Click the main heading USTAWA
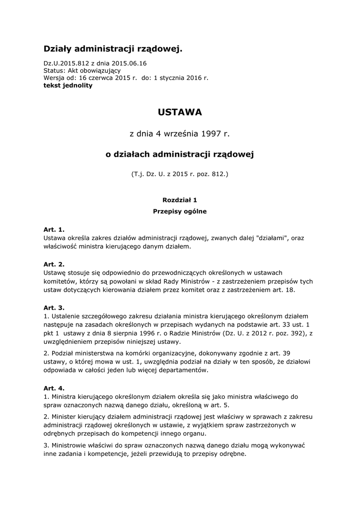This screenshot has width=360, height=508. [x=180, y=113]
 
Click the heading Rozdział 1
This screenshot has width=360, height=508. [x=180, y=200]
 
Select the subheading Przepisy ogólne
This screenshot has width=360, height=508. [x=180, y=211]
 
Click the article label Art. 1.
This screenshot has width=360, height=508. [x=54, y=230]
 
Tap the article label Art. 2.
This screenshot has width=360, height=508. [x=54, y=264]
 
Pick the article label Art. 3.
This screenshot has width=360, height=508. [x=54, y=308]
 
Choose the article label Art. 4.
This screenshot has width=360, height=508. [x=54, y=388]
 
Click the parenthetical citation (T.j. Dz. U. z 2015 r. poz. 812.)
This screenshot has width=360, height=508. [x=180, y=175]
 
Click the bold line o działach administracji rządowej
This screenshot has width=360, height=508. [x=180, y=155]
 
